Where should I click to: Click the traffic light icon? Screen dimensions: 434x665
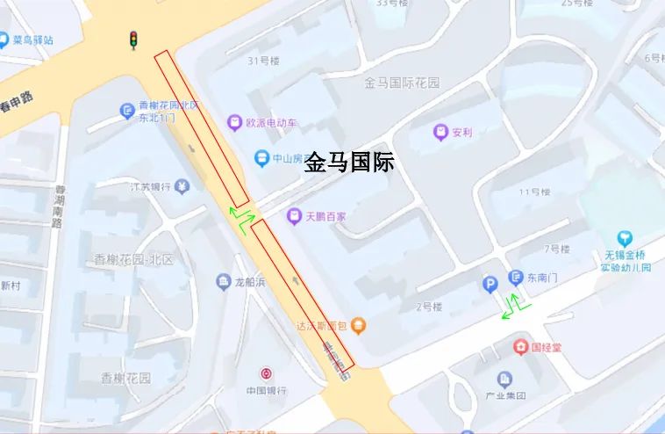133,40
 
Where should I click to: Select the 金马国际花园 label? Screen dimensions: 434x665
402,83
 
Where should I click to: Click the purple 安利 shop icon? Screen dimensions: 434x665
440,133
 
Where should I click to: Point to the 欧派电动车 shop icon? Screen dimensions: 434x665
234,123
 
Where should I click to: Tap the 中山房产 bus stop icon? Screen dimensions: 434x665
261,158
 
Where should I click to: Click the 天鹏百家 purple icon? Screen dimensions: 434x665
295,216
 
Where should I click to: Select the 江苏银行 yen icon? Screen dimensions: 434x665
182,186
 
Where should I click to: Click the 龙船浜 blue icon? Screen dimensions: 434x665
223,281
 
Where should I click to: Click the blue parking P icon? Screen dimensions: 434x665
490,283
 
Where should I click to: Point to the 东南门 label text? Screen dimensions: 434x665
542,278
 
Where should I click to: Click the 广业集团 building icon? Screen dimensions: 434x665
504,380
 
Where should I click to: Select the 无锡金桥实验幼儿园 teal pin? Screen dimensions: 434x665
625,238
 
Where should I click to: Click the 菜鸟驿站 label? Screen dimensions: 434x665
33,40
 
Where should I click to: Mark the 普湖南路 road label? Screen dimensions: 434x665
59,206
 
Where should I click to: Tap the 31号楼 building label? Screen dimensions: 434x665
263,61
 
